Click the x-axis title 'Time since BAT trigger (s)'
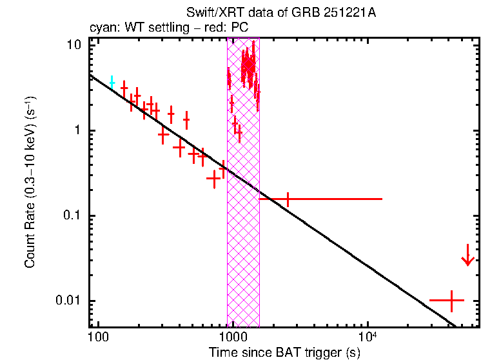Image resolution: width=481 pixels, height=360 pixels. click(284, 352)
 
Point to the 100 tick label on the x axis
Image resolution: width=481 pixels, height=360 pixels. click(98, 337)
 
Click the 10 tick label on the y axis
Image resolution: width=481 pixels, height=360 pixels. click(74, 45)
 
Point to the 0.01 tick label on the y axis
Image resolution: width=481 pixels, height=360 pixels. click(69, 301)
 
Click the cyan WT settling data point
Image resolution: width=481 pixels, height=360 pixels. click(112, 82)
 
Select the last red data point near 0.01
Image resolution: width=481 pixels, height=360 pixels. click(453, 301)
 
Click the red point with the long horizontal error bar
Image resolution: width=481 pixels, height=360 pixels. click(288, 199)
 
